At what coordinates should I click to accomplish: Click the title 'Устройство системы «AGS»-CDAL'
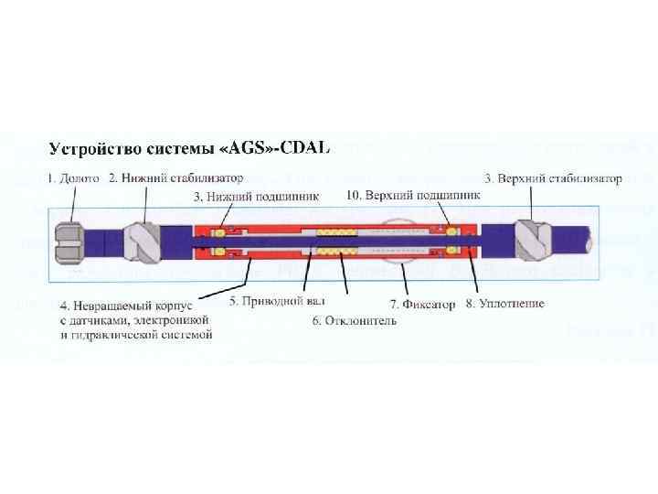tap(188, 146)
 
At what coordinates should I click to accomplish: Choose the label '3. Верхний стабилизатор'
tap(554, 178)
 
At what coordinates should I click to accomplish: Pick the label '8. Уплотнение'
tap(504, 304)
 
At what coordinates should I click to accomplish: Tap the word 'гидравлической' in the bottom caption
tap(106, 334)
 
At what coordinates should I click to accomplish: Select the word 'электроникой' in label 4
tap(174, 319)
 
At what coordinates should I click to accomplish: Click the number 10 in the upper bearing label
tap(356, 195)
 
